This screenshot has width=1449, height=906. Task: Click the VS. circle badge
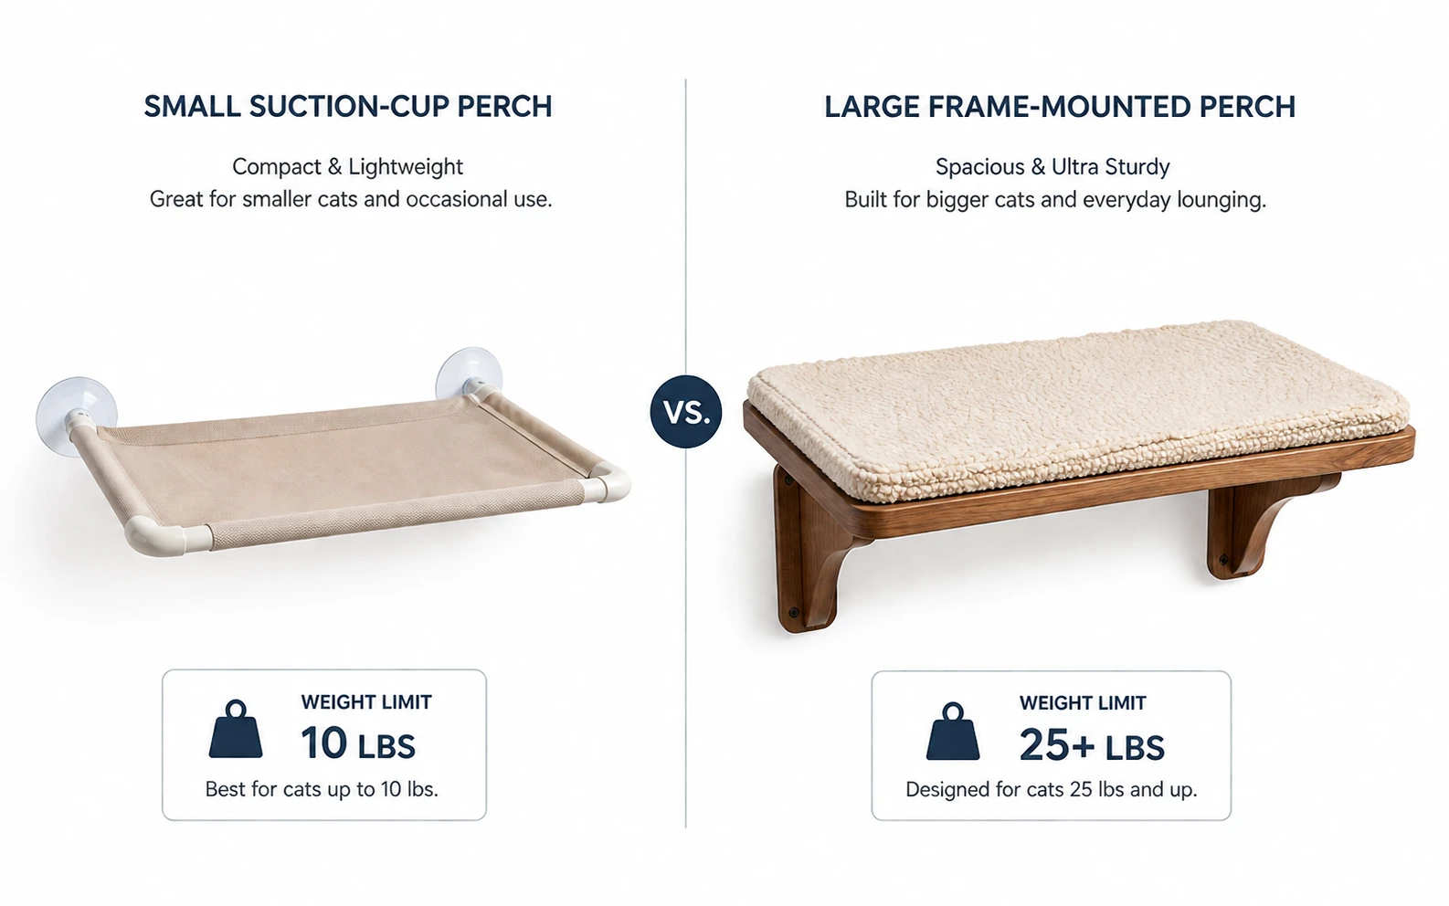tap(686, 411)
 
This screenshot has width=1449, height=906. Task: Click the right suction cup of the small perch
tap(468, 374)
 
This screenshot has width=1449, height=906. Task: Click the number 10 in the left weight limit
tap(323, 743)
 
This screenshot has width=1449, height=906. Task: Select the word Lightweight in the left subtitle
tap(406, 167)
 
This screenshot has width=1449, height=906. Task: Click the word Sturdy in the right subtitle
tap(1137, 167)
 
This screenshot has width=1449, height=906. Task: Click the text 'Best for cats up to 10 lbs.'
tap(322, 789)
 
